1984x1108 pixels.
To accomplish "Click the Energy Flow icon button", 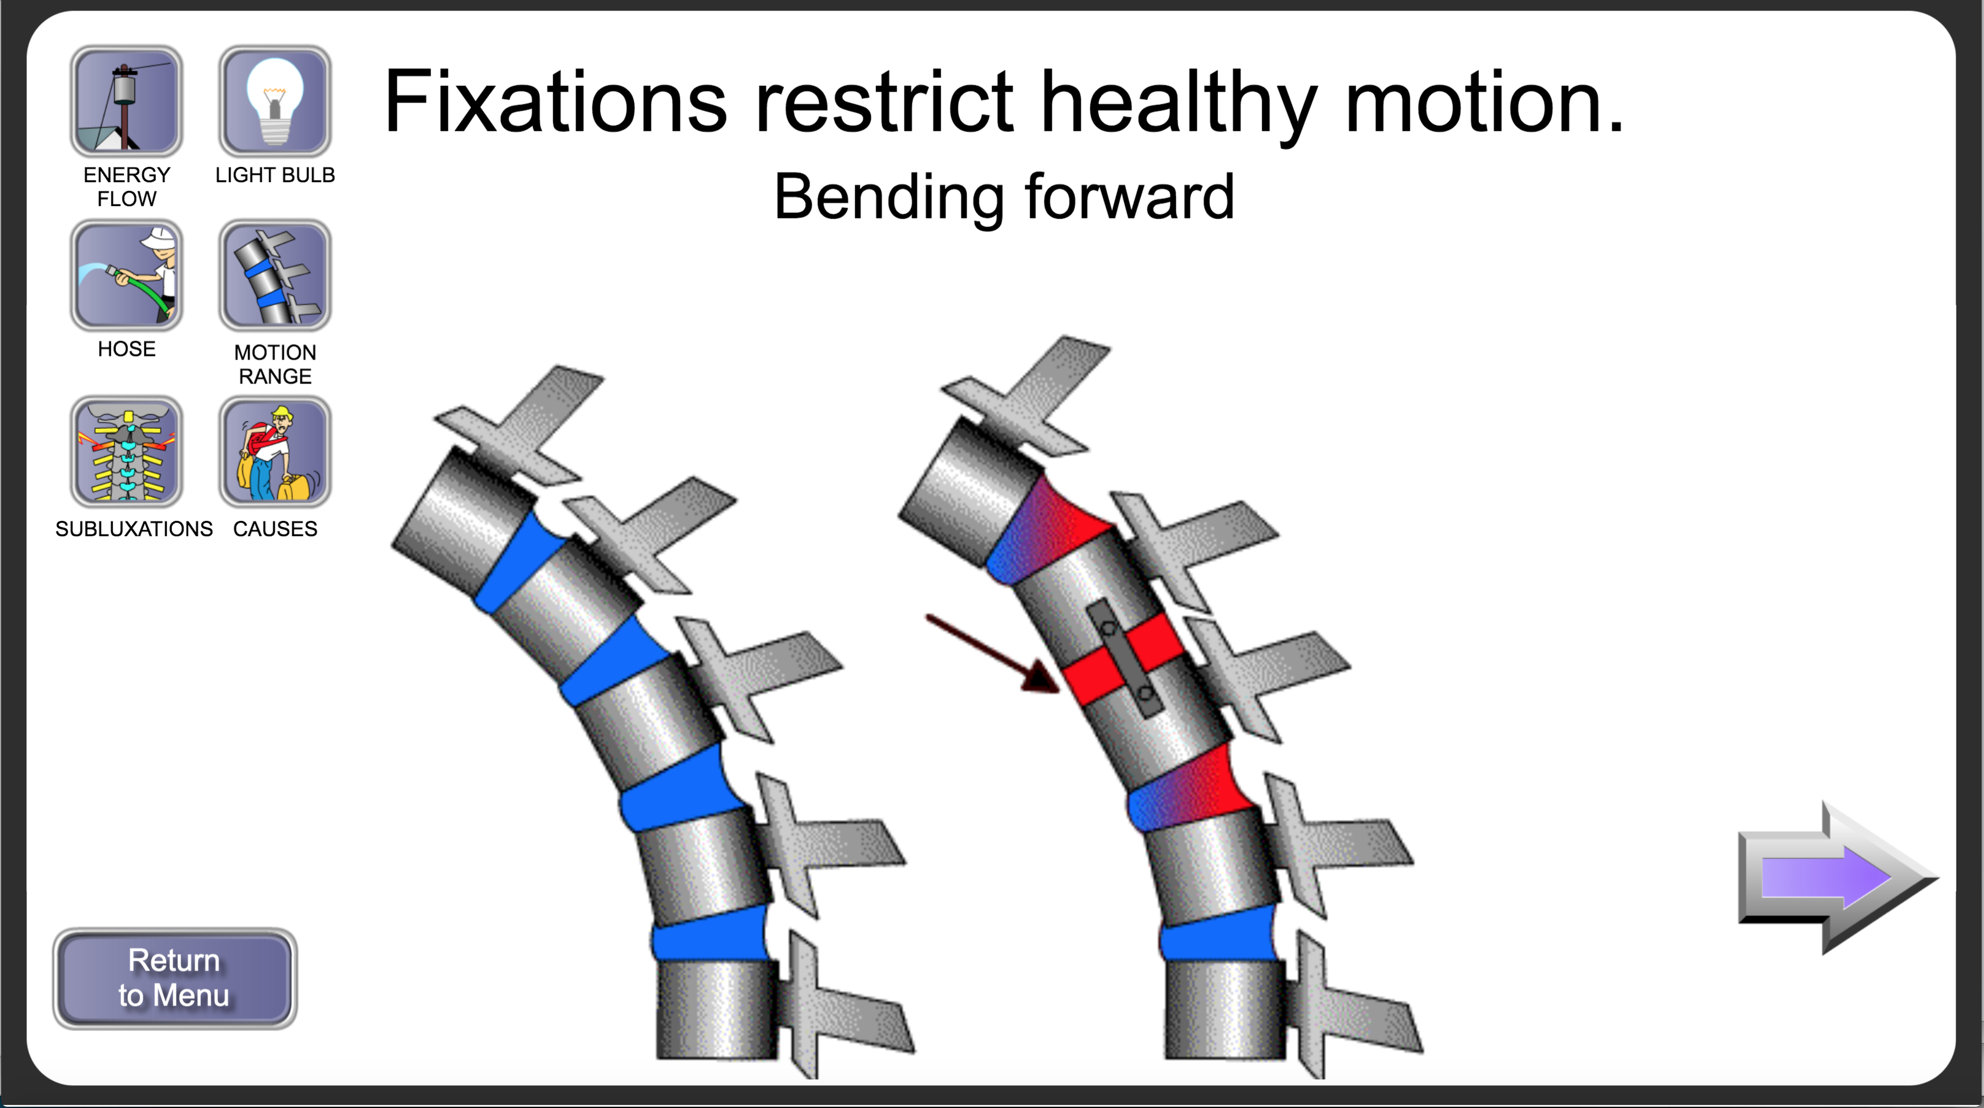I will tap(126, 101).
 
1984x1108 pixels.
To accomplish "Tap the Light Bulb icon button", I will tap(275, 101).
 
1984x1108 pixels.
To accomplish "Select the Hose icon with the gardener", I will tap(126, 275).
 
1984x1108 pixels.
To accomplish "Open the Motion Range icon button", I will tap(275, 275).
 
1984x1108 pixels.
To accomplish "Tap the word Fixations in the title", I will tap(554, 102).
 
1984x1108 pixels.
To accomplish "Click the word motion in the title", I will tap(1483, 102).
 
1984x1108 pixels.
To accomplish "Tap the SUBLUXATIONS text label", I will tap(134, 529).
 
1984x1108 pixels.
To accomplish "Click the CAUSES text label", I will tap(275, 529).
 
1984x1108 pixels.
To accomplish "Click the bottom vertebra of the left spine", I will tap(716, 1009).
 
